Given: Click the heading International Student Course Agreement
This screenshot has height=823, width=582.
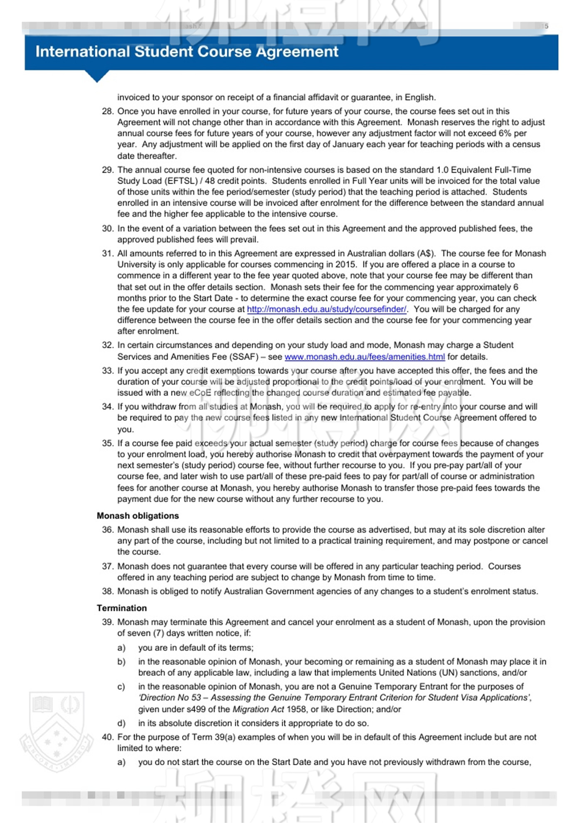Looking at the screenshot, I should [187, 52].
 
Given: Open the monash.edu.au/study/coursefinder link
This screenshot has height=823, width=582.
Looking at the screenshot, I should [326, 309].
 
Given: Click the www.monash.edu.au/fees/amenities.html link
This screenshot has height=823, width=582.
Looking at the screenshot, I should [365, 357].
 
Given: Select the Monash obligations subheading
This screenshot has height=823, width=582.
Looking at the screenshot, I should [138, 516].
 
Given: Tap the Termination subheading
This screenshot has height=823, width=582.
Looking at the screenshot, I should [122, 608].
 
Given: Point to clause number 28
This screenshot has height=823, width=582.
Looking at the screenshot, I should [108, 111].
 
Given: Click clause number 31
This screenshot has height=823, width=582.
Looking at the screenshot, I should [108, 254].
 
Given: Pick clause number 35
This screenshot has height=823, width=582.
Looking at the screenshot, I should [108, 444].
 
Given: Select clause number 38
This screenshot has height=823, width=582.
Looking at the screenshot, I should [108, 591].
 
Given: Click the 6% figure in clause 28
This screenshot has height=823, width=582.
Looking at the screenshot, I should [504, 133].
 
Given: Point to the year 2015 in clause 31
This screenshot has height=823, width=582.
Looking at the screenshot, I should [345, 265].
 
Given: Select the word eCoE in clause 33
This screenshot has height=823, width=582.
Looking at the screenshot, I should [200, 393].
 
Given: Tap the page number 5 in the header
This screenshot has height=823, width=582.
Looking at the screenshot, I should [546, 26].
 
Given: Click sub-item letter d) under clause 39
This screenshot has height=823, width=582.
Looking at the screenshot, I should [121, 723].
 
